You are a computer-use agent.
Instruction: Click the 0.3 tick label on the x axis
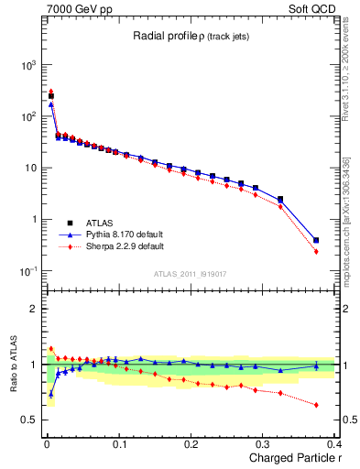(263, 444)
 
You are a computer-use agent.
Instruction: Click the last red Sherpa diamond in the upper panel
(316, 251)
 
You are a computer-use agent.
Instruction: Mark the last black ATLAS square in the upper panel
(316, 240)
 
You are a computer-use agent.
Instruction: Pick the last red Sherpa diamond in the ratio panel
(316, 405)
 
